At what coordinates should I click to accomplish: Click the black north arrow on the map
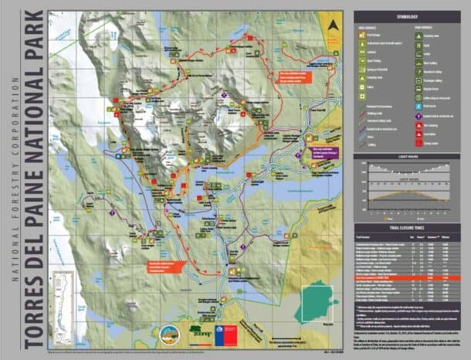[x=333, y=25]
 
